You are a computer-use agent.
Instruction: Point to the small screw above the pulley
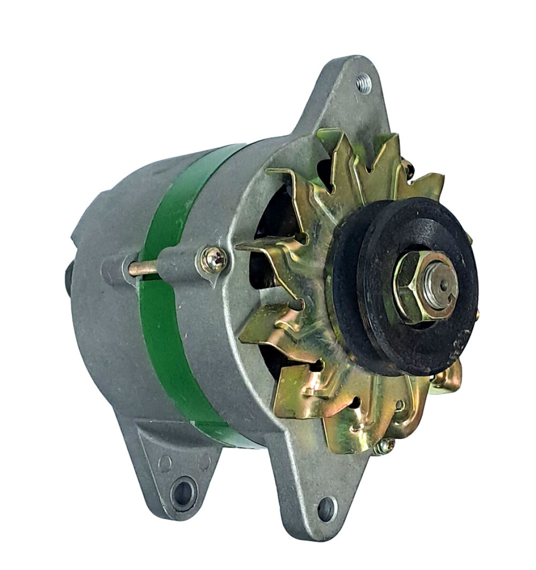(408, 166)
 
